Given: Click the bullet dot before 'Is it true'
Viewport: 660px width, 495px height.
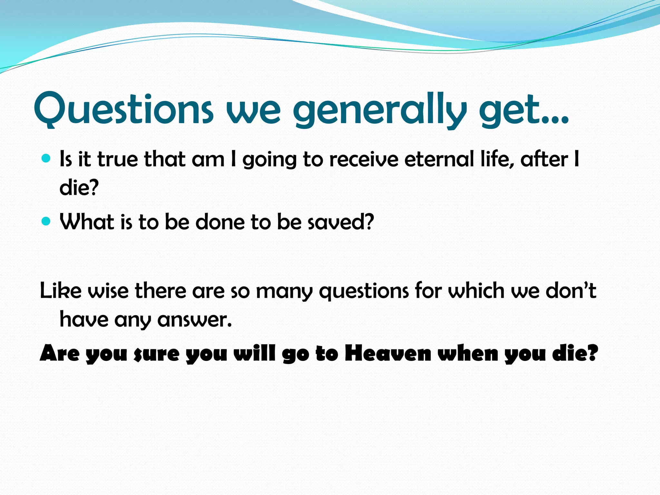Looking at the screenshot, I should click(x=46, y=158).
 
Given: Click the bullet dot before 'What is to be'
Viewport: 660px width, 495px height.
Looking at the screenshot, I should click(x=46, y=221).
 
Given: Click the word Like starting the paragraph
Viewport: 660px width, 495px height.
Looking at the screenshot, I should click(x=61, y=291).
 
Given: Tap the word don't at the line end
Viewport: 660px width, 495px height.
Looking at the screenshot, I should click(x=571, y=291).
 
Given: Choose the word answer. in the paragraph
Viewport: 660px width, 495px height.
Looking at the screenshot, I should click(x=195, y=320).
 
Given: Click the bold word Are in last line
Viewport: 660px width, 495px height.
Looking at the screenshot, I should click(x=60, y=353).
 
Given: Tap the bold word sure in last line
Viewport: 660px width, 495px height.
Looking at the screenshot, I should click(x=156, y=354).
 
